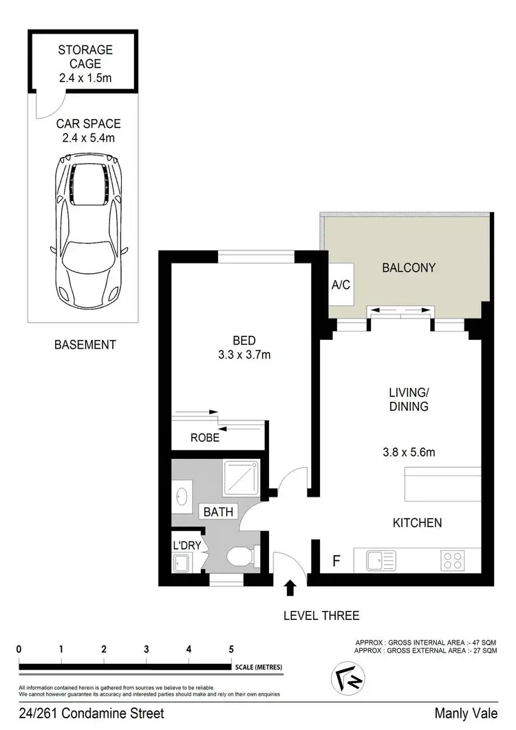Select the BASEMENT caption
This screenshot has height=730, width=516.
(x=85, y=345)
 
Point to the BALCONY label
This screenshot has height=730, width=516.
(x=409, y=268)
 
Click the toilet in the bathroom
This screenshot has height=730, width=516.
(x=242, y=555)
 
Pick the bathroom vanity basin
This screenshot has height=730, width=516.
(x=182, y=497)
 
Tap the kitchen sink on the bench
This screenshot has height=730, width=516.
(x=378, y=559)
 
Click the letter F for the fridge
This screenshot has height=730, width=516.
(x=336, y=561)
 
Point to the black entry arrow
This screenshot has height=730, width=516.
(x=290, y=587)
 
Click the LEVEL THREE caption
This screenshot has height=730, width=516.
(x=321, y=616)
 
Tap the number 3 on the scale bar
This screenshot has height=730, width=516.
(x=147, y=649)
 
